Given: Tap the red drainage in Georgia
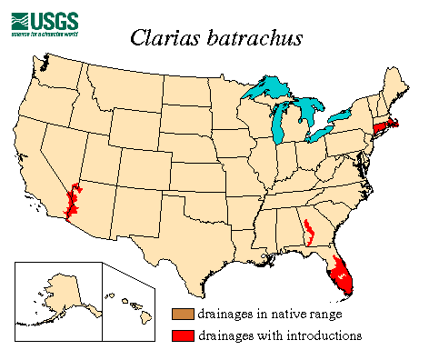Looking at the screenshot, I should [x=309, y=231].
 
